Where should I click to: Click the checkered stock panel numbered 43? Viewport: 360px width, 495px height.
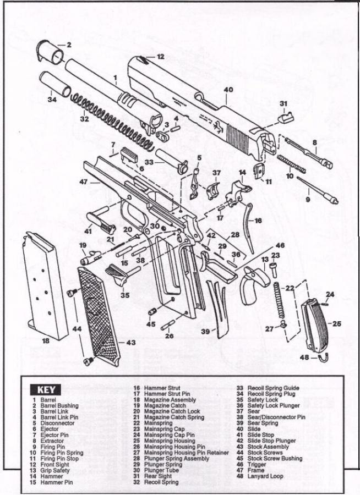point(99,313)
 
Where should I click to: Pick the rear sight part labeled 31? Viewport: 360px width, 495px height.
point(285,116)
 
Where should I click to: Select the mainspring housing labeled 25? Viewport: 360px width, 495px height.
point(315,324)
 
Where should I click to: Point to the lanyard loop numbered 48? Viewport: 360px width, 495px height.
point(323,358)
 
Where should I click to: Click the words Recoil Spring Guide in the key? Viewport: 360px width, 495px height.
point(274,388)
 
